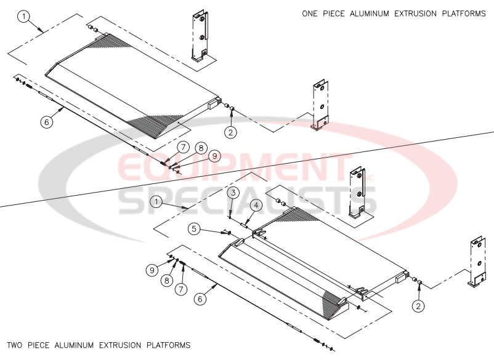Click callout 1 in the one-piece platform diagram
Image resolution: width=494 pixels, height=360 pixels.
point(23,17)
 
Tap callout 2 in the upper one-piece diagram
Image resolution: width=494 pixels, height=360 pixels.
point(230,131)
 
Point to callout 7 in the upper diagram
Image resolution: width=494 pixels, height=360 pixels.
point(183,146)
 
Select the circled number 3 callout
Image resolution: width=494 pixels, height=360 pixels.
point(233,193)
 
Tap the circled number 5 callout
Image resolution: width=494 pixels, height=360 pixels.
point(195,229)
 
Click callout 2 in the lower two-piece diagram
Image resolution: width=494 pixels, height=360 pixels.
point(418,305)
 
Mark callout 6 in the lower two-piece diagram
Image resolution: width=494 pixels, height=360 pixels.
point(199,298)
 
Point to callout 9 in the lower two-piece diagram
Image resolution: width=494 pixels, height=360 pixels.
point(150,269)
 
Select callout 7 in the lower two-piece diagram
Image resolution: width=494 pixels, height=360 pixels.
point(181,288)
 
